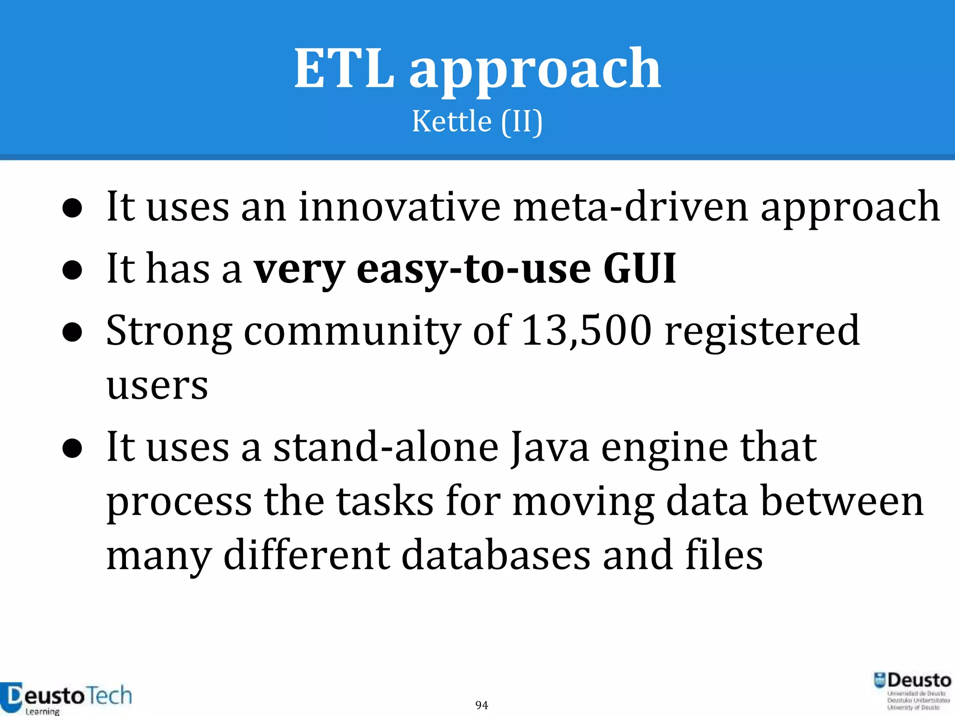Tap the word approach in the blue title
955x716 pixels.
point(535,70)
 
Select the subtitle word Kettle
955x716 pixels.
point(451,121)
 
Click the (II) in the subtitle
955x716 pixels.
point(522,121)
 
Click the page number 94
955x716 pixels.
point(482,705)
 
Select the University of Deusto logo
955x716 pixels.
point(912,691)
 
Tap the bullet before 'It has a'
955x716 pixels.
point(72,270)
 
